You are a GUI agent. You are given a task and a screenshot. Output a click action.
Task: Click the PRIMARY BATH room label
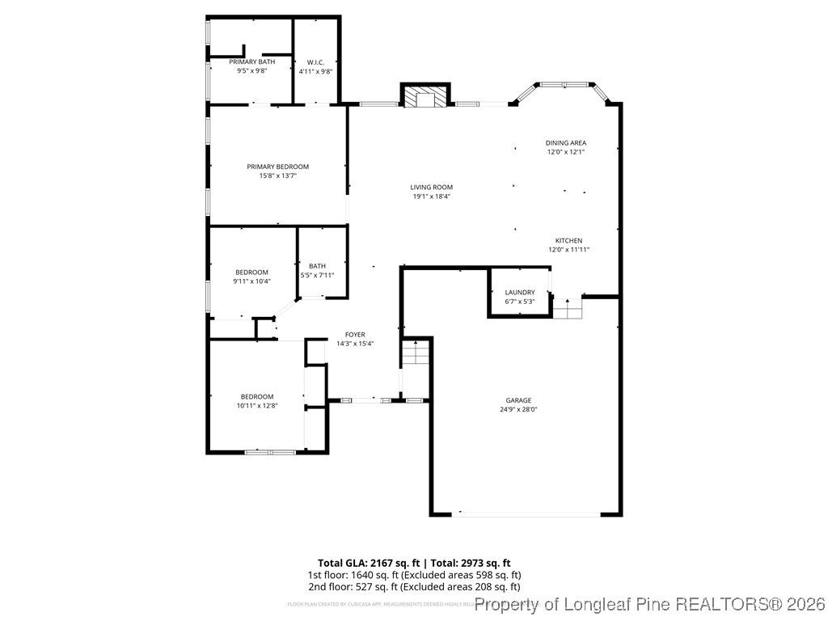pyautogui.click(x=251, y=62)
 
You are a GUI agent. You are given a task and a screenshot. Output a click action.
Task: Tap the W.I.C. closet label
pyautogui.click(x=315, y=62)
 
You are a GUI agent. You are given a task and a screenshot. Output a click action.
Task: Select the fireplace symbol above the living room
pyautogui.click(x=425, y=98)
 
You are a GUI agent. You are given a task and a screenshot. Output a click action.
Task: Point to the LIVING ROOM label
pyautogui.click(x=431, y=187)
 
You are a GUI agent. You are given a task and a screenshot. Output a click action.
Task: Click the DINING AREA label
pyautogui.click(x=565, y=142)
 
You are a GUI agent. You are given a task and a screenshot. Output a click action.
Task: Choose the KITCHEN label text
pyautogui.click(x=568, y=240)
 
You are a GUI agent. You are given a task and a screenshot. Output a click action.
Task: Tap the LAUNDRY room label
pyautogui.click(x=520, y=293)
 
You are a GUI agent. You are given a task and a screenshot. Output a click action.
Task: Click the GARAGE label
pyautogui.click(x=518, y=400)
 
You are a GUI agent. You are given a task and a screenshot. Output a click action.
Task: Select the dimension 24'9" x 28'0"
pyautogui.click(x=518, y=409)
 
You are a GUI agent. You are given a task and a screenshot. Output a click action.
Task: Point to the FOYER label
pyautogui.click(x=355, y=334)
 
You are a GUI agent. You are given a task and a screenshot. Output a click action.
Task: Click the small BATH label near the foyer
pyautogui.click(x=317, y=266)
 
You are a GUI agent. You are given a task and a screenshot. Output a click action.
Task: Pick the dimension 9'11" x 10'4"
pyautogui.click(x=251, y=281)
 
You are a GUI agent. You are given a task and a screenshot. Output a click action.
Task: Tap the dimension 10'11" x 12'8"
pyautogui.click(x=257, y=405)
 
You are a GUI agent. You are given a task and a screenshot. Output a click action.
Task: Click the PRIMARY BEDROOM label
pyautogui.click(x=277, y=167)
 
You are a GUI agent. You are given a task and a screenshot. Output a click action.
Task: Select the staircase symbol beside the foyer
pyautogui.click(x=416, y=353)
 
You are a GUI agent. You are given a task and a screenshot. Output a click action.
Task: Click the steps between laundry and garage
pyautogui.click(x=567, y=308)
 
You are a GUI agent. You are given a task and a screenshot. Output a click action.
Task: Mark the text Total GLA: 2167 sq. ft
pyautogui.click(x=367, y=562)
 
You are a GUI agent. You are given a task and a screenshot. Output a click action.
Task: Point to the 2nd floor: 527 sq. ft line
pyautogui.click(x=413, y=586)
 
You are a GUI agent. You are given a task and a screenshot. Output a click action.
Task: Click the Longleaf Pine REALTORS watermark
pyautogui.click(x=650, y=604)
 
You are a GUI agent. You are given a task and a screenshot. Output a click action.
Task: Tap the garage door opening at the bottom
pyautogui.click(x=529, y=513)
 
